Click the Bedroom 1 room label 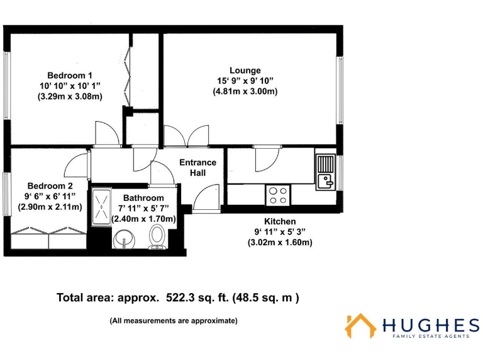[x=70, y=75]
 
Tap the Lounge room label [x=245, y=70]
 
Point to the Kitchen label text [x=280, y=221]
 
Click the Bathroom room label [x=143, y=198]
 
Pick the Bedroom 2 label [x=50, y=186]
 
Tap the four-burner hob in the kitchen [x=277, y=195]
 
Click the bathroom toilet [x=157, y=238]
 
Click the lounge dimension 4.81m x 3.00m [x=245, y=91]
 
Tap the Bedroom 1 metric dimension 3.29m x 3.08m [x=70, y=96]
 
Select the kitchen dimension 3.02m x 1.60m [x=280, y=242]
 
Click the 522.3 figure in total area [x=184, y=297]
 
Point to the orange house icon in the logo [x=360, y=326]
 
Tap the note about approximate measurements [x=174, y=321]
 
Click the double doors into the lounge [x=186, y=135]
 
